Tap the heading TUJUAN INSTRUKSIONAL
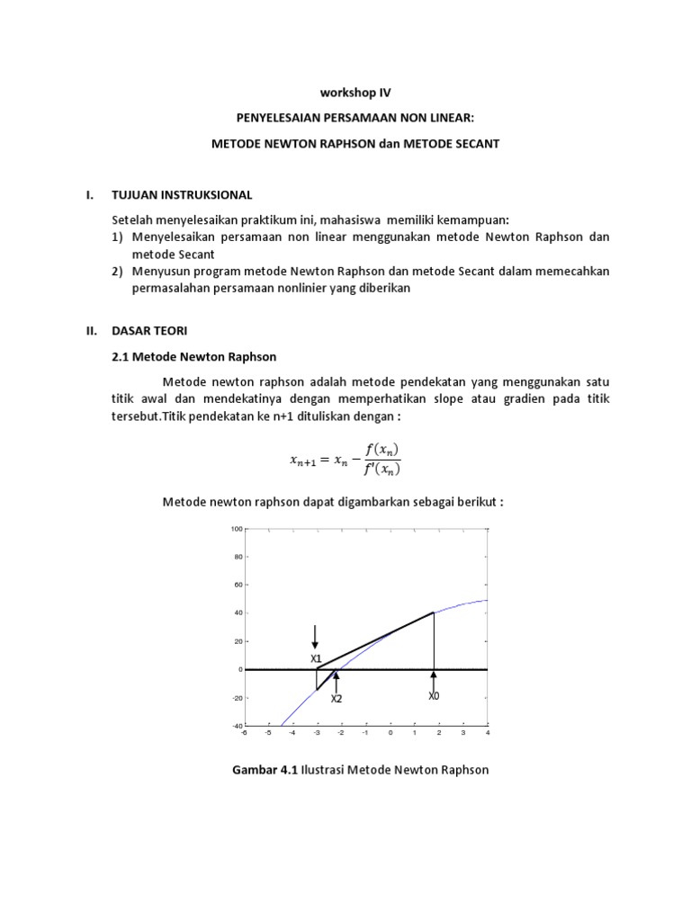click(182, 194)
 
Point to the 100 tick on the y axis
click(237, 529)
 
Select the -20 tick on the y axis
click(236, 698)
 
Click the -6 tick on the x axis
click(243, 734)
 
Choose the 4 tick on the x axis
click(487, 734)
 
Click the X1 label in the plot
click(316, 658)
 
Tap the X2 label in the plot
click(337, 698)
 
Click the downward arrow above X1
click(315, 637)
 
